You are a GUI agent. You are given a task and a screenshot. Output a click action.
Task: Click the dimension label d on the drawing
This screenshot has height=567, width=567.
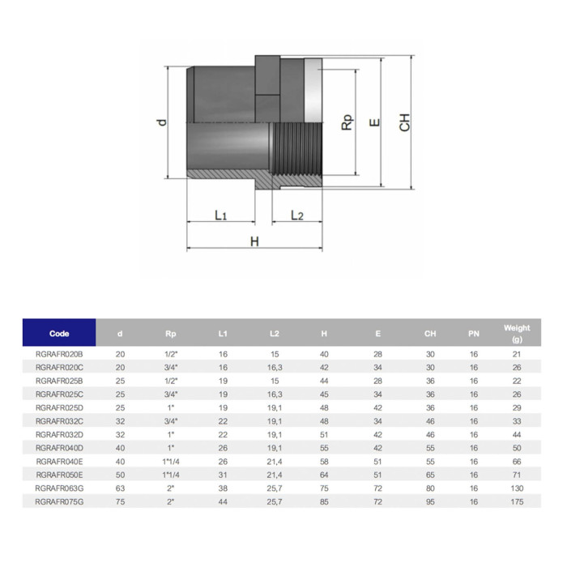coord(163,122)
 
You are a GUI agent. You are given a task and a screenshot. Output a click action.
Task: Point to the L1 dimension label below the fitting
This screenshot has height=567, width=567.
coord(220,215)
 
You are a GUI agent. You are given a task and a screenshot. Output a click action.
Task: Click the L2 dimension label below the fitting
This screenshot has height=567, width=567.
coord(297,215)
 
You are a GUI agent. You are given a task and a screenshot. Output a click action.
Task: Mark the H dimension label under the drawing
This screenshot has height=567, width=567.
coord(254,241)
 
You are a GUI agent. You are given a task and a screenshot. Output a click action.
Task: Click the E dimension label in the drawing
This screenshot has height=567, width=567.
coord(373,123)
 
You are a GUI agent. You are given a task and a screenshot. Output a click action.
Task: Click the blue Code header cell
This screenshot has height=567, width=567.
coord(59,333)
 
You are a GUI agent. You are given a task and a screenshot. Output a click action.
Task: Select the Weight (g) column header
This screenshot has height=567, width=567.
coord(517,333)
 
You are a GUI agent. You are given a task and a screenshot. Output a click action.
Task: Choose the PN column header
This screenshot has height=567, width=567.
coord(474,333)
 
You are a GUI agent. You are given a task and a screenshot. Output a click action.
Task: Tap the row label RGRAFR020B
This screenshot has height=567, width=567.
coord(59,355)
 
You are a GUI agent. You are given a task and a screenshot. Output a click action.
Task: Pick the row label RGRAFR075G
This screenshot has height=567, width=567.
coord(59,502)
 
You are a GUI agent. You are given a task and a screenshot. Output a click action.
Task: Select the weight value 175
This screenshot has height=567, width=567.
coord(517,502)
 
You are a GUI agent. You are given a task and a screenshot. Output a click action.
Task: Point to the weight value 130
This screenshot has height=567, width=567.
coord(517,488)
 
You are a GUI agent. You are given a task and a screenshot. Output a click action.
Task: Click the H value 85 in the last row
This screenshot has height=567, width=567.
coord(323,502)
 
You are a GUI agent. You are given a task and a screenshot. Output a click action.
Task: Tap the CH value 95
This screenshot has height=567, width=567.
coord(430,502)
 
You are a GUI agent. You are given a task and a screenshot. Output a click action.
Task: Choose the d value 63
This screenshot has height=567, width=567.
coord(120,488)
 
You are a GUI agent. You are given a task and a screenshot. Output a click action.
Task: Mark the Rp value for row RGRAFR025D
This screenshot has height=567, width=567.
coord(170,408)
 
